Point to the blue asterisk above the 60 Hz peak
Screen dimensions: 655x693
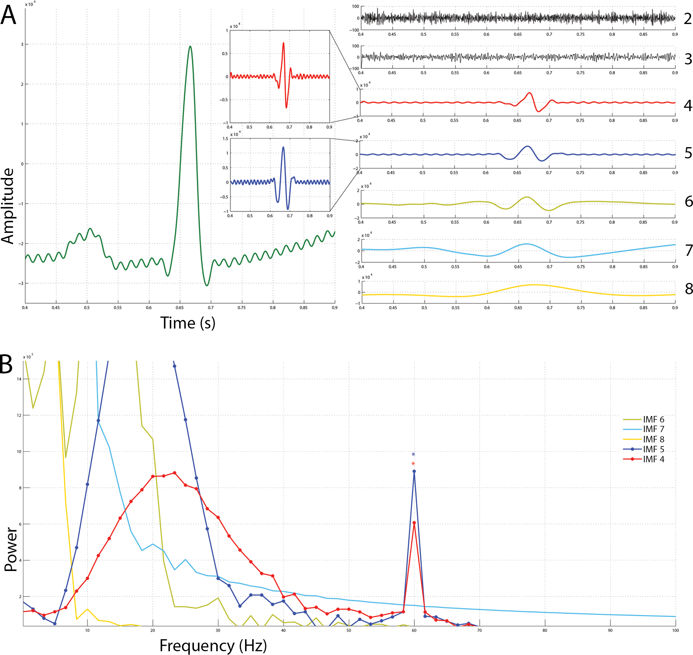pos(413,455)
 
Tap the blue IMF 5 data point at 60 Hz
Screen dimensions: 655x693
pos(414,471)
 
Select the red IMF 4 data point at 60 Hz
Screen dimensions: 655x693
pos(414,523)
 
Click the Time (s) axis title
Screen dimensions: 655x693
pos(188,323)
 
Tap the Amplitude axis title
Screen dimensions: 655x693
pos(8,206)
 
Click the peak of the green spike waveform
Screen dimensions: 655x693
pos(190,46)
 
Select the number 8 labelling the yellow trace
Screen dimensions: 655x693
pos(689,289)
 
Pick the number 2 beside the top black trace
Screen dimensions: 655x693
pos(688,19)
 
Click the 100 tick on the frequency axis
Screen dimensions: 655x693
pos(675,630)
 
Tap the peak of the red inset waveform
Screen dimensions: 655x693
pos(284,43)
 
